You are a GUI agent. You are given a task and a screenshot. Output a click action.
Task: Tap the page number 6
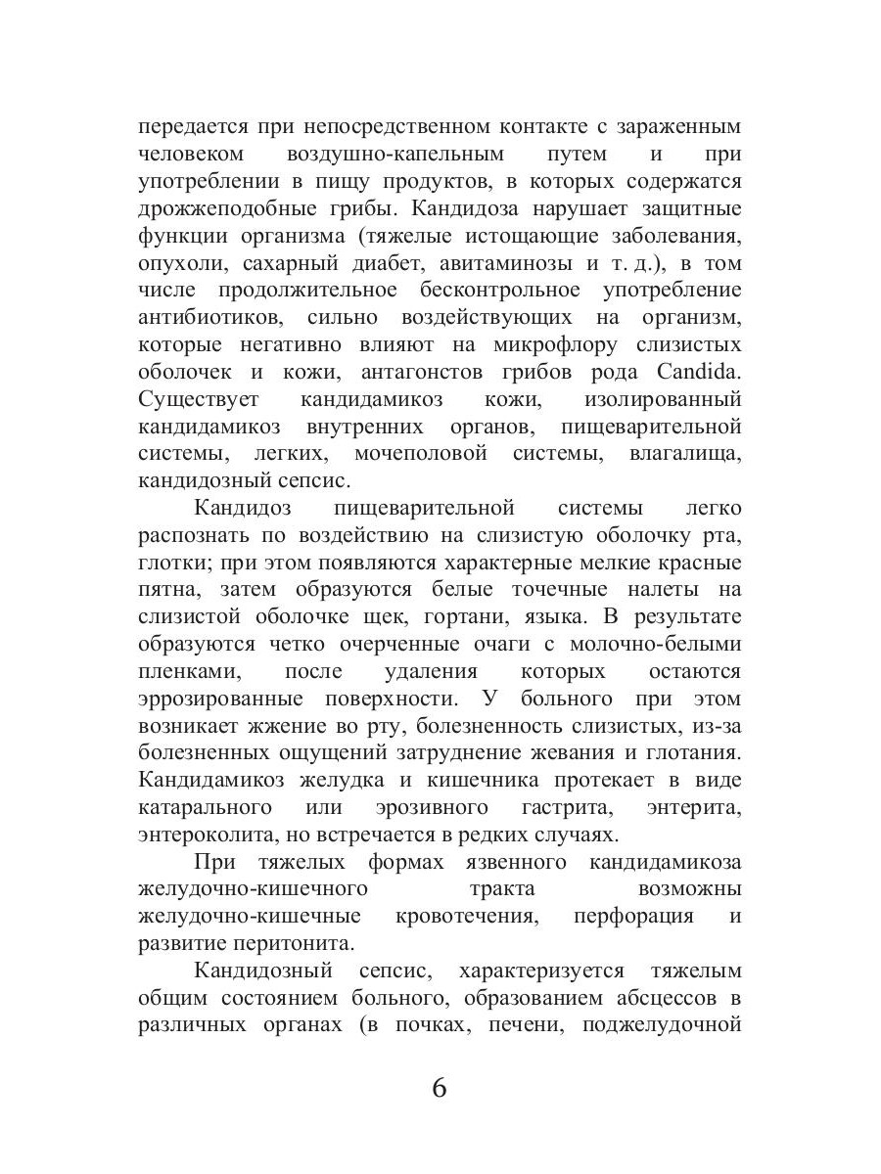pos(440,1087)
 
